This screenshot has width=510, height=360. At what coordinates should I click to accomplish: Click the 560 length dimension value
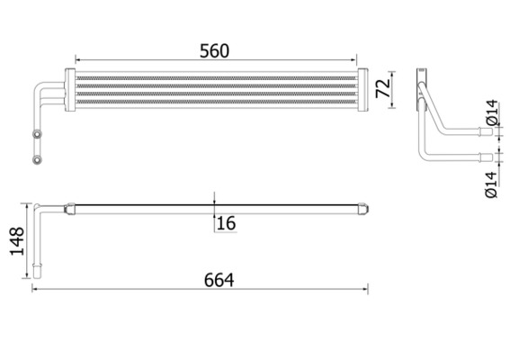tap(213, 51)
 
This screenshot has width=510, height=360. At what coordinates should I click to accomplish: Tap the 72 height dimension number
tap(381, 89)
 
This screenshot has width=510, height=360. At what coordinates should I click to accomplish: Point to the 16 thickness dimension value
tap(226, 222)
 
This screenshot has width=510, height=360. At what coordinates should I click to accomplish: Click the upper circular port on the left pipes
tap(38, 136)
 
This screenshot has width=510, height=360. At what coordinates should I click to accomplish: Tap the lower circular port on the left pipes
tap(38, 161)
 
